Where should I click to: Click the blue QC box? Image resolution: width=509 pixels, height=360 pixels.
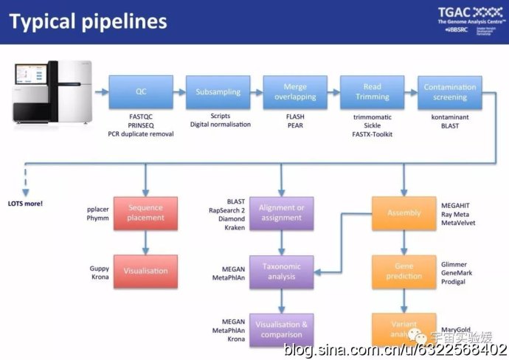point(141,92)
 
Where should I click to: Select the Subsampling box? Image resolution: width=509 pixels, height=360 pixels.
point(218,92)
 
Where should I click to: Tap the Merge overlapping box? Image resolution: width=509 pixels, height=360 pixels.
point(295,92)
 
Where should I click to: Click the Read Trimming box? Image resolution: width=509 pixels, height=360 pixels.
point(372,92)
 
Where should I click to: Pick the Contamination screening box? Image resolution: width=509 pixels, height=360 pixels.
point(449,92)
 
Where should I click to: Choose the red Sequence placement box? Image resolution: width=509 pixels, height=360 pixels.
point(145,213)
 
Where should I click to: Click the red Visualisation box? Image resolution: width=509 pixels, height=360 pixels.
point(145,271)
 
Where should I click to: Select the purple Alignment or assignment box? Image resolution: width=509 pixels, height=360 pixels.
point(281,213)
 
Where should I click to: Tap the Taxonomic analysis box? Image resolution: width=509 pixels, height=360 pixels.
point(281,271)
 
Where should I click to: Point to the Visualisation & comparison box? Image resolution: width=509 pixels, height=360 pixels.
point(281,330)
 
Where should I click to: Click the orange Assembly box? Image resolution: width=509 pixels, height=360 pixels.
point(404,213)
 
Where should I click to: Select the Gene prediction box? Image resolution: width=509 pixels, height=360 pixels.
point(404,271)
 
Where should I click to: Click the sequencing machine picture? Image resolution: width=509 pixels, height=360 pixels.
point(53,91)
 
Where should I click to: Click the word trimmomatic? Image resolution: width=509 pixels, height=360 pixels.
point(373,117)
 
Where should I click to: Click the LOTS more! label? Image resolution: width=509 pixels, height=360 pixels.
point(25,203)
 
